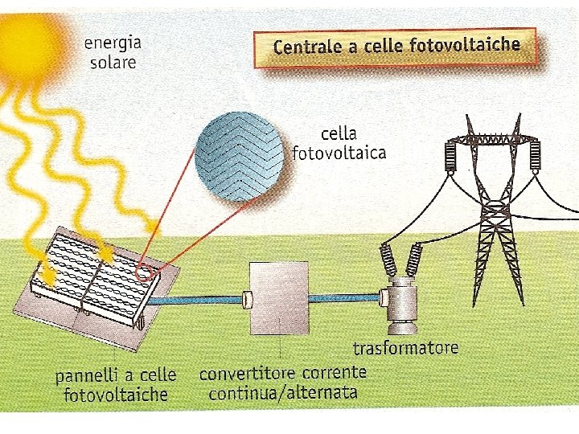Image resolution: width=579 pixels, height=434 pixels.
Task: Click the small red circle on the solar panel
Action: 146,272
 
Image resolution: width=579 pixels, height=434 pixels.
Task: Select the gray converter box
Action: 278,298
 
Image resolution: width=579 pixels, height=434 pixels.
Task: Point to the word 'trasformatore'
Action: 405,348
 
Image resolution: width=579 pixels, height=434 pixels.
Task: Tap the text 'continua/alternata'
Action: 282,393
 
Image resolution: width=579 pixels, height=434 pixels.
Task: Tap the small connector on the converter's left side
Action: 248,301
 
